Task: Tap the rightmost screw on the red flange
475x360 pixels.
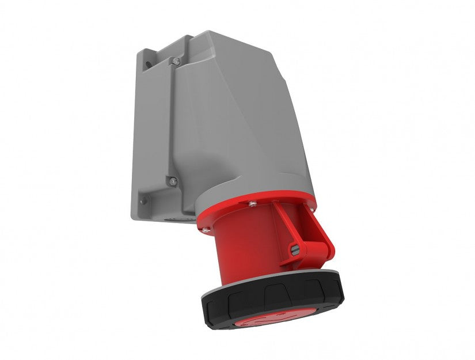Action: [313, 211]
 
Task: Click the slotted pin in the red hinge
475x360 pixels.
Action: [295, 249]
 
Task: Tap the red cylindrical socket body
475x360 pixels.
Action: [242, 248]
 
